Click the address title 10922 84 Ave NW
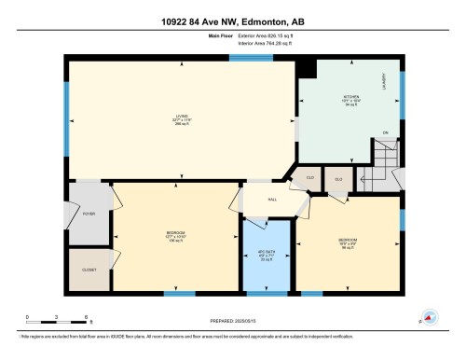[x=232, y=20]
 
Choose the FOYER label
[x=89, y=214]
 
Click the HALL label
[x=270, y=198]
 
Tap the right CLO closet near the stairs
[x=338, y=178]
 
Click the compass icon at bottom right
[x=429, y=317]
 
